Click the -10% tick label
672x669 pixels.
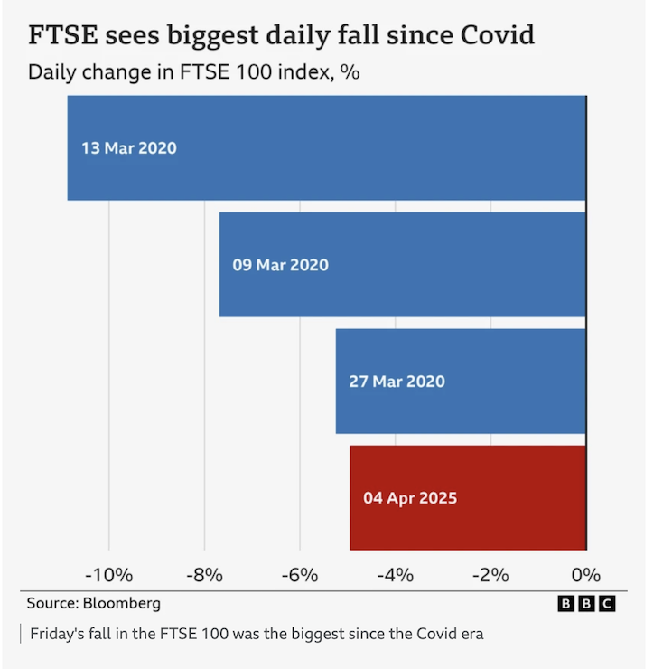108,575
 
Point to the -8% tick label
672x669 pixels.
204,575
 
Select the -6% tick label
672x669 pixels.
300,575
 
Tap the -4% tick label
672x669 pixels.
395,575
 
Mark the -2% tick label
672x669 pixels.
490,575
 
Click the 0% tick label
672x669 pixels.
585,575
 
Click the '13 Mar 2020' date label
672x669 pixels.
129,148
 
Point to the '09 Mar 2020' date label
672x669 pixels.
281,266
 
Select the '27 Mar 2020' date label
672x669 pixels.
397,382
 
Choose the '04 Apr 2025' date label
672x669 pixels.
410,498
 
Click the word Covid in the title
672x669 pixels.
490,35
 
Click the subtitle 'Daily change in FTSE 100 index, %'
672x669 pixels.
193,71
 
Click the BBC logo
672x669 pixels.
586,603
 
